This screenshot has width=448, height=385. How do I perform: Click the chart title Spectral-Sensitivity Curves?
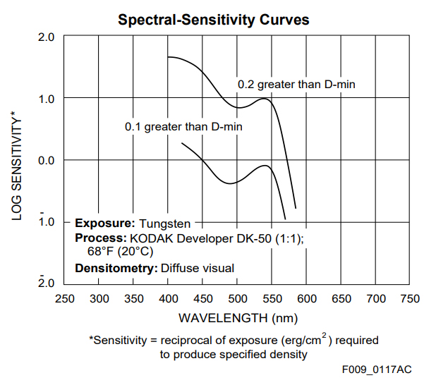[213, 19]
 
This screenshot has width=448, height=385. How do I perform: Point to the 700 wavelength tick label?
[377, 298]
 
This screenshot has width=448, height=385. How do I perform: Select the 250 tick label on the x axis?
[65, 298]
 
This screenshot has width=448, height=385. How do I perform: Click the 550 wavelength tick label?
[273, 298]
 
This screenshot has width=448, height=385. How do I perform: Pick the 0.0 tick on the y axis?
[46, 160]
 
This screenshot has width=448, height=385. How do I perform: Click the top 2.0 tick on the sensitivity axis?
[46, 36]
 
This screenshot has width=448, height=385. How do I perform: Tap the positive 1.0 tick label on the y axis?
[46, 98]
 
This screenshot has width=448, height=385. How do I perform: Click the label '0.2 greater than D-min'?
[296, 85]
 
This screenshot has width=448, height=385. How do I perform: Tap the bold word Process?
[100, 238]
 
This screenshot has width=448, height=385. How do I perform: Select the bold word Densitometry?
[116, 268]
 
